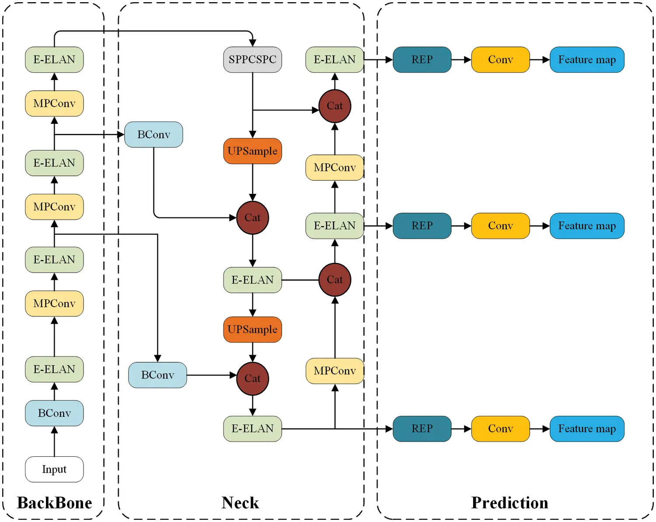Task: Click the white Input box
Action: [54, 469]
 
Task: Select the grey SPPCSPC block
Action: [252, 60]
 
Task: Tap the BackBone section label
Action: [54, 503]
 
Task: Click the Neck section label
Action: [240, 503]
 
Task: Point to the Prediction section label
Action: [509, 503]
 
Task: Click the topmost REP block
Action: [422, 60]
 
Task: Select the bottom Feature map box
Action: [586, 428]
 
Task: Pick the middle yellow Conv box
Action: [500, 226]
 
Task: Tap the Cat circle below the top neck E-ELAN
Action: [335, 106]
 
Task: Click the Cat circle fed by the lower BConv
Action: [252, 378]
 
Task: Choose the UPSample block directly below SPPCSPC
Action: [252, 151]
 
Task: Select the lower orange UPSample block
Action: [252, 329]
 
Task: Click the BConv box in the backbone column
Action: [54, 413]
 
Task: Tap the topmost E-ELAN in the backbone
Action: [54, 60]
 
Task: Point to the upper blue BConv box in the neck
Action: [154, 134]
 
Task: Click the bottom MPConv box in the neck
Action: [335, 371]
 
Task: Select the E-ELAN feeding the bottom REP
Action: [252, 428]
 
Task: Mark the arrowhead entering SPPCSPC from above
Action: [252, 43]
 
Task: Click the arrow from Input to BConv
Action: [54, 441]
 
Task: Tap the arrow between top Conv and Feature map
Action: [540, 60]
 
